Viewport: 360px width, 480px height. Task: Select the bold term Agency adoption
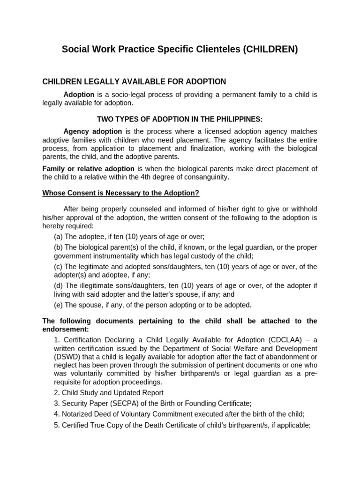tap(93, 131)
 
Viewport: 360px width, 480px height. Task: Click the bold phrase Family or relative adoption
tap(89, 169)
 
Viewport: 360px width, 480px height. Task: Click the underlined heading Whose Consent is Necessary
tap(121, 193)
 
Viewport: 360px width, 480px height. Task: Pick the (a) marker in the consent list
tap(59, 237)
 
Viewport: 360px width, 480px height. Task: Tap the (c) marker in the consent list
tap(59, 267)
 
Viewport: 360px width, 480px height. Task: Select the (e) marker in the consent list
tap(59, 305)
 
